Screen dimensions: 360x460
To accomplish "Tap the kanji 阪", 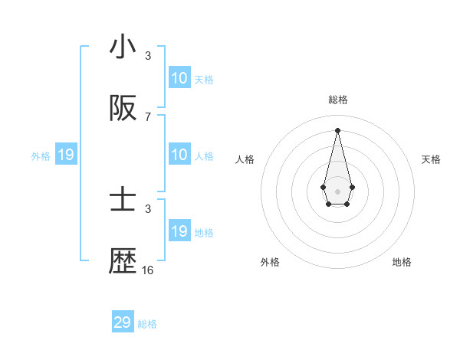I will click(123, 109).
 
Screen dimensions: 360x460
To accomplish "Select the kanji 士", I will click(123, 201).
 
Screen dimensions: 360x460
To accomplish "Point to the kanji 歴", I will click(123, 261).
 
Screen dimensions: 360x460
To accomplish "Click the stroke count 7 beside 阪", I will click(148, 116).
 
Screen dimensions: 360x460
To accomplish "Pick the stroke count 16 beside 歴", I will click(148, 270).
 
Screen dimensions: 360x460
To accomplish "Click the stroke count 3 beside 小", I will click(148, 56).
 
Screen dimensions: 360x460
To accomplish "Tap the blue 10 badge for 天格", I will click(179, 78).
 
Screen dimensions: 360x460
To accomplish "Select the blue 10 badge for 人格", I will click(179, 155).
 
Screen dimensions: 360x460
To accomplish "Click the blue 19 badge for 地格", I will click(179, 231).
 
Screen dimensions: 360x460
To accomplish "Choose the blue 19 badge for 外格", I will click(66, 155).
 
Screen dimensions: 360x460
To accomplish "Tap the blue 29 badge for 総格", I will click(123, 322).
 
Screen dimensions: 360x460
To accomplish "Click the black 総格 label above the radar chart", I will click(337, 100).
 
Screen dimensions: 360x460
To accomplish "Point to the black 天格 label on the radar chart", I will click(432, 159).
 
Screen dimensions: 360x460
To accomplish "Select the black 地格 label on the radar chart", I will click(402, 262).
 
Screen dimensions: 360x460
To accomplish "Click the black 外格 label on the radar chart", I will click(270, 262).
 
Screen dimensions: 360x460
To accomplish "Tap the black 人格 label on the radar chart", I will click(245, 159).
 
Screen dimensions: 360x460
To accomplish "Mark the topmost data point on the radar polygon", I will click(337, 129).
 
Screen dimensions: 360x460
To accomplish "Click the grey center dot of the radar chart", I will click(337, 191).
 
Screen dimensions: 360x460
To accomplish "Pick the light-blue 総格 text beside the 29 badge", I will click(147, 324).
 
